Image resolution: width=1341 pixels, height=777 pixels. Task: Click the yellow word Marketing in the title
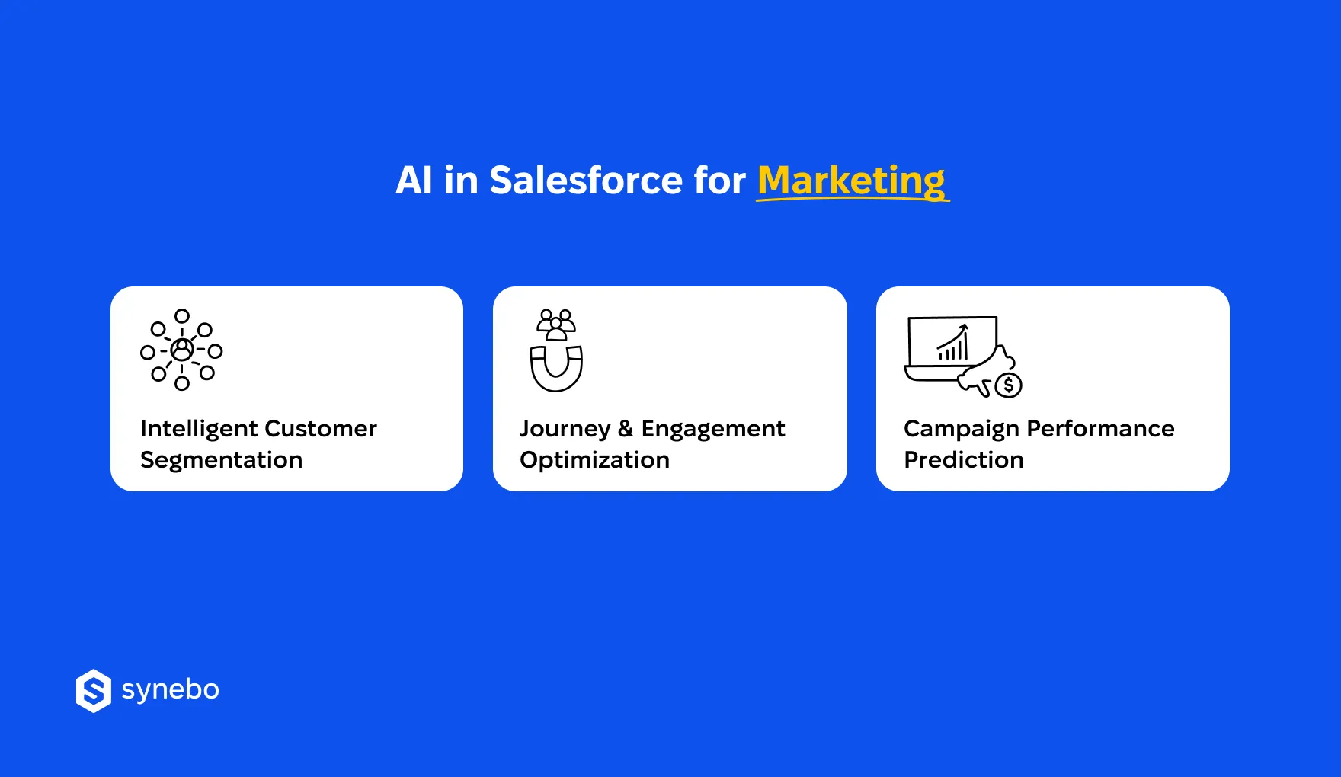pyautogui.click(x=851, y=181)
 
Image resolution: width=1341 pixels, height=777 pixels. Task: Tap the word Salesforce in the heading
pyautogui.click(x=586, y=181)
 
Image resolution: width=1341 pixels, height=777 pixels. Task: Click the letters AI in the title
pyautogui.click(x=414, y=181)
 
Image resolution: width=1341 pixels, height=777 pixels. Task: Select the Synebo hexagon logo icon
pyautogui.click(x=94, y=691)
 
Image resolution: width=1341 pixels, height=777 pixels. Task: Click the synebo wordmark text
pyautogui.click(x=170, y=690)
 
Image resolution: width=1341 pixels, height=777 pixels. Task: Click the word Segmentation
pyautogui.click(x=221, y=460)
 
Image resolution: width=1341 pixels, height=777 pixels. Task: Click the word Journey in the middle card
pyautogui.click(x=565, y=429)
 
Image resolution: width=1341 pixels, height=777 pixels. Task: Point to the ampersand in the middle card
pyautogui.click(x=626, y=429)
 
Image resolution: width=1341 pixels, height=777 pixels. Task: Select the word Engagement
pyautogui.click(x=712, y=429)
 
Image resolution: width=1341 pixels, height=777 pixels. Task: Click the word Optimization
pyautogui.click(x=594, y=460)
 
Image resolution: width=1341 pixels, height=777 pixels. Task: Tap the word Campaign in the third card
pyautogui.click(x=961, y=429)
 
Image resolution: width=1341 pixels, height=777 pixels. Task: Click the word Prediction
pyautogui.click(x=963, y=460)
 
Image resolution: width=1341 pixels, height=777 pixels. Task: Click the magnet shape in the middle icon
pyautogui.click(x=556, y=369)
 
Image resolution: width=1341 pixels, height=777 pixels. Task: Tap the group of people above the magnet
pyautogui.click(x=556, y=324)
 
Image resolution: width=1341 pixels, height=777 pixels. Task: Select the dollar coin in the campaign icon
pyautogui.click(x=1008, y=385)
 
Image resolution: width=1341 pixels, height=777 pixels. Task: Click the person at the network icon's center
pyautogui.click(x=181, y=350)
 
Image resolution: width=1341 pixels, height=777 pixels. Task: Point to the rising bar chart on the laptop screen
pyautogui.click(x=953, y=344)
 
